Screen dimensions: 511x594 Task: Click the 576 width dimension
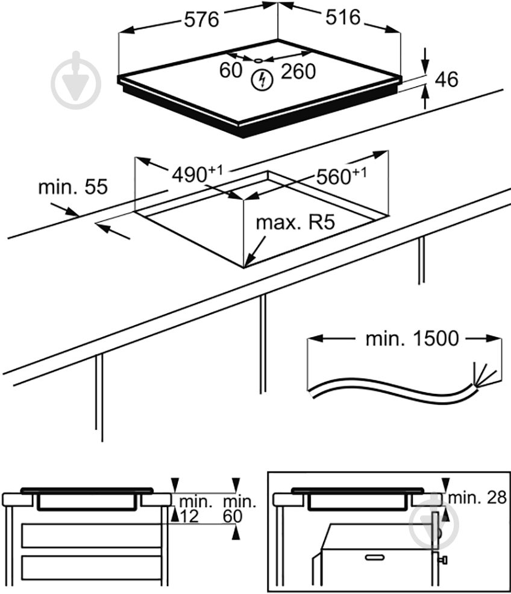click(x=202, y=19)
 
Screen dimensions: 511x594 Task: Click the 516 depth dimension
click(x=343, y=17)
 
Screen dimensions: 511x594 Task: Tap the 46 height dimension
click(x=447, y=79)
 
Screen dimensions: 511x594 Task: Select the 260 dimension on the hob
click(x=298, y=71)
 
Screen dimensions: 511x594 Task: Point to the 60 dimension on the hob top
click(x=231, y=70)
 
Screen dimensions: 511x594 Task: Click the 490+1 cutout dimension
click(x=197, y=174)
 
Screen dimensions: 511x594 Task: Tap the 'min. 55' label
click(x=73, y=186)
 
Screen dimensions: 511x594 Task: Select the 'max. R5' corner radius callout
click(x=296, y=223)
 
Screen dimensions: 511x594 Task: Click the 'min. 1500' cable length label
click(x=412, y=338)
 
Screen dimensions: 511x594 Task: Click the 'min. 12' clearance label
click(x=194, y=509)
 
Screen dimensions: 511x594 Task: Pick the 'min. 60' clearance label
click(x=240, y=509)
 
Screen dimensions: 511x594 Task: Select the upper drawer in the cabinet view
click(x=91, y=536)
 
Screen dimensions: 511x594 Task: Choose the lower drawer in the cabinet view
click(x=91, y=568)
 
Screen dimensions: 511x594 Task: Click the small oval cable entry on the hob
click(x=258, y=60)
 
